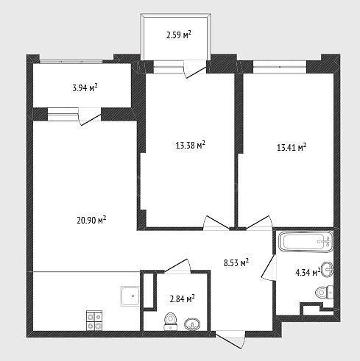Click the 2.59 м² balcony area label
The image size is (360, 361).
[179, 35]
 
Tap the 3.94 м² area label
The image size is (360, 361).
[85, 87]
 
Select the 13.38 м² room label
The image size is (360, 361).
[191, 145]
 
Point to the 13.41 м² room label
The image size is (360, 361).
[292, 147]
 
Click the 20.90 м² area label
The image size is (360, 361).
[91, 220]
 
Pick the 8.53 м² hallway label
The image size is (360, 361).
[236, 262]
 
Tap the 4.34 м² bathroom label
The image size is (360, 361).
[308, 272]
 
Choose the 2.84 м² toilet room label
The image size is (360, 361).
[182, 299]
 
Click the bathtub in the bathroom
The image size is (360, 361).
[306, 241]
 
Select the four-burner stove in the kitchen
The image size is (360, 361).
[94, 321]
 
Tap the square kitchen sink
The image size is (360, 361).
[130, 296]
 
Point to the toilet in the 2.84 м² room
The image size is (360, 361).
[171, 321]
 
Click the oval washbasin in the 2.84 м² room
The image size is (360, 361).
[192, 324]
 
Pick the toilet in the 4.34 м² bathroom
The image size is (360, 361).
[324, 293]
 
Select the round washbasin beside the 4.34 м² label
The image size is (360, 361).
[327, 269]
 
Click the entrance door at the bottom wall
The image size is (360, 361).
[230, 339]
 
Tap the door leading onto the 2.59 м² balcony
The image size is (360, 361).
[195, 69]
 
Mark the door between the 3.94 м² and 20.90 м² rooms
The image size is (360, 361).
[90, 116]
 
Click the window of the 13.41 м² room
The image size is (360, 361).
[280, 66]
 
